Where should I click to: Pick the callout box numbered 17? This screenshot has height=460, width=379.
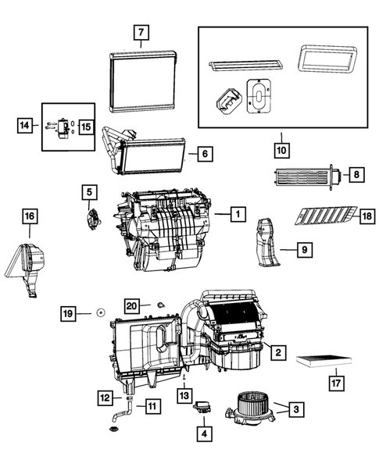click(x=335, y=383)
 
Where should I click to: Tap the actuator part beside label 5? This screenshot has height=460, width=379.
click(x=92, y=217)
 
